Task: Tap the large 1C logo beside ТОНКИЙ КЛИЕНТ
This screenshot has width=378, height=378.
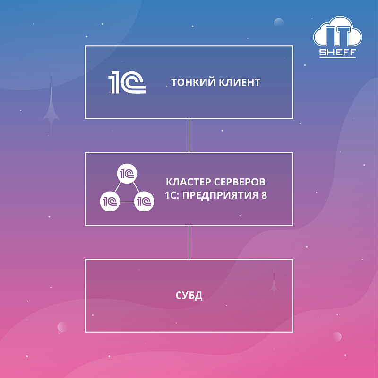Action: (127, 83)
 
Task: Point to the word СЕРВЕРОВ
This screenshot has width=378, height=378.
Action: (239, 182)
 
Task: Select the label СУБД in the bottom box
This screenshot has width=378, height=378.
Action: (189, 296)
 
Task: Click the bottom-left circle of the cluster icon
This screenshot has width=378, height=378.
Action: (109, 202)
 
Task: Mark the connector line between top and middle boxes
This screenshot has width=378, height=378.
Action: (189, 135)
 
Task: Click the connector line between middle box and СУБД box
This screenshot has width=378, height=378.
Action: (189, 242)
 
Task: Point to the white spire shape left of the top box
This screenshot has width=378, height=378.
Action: (51, 104)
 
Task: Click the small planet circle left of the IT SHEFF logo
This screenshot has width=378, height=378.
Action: (279, 22)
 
